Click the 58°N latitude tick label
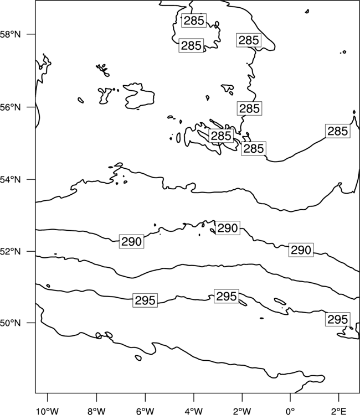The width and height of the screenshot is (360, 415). tap(11, 34)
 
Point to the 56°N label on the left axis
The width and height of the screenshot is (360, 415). tap(11, 107)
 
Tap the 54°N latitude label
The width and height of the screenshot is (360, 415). tap(11, 179)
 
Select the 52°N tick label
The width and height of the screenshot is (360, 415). tap(11, 251)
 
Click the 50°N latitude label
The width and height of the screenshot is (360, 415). tap(11, 323)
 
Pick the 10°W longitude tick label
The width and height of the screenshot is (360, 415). tap(48, 411)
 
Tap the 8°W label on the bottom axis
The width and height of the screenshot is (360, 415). tap(96, 411)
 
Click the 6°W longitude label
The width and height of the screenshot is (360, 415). tap(145, 411)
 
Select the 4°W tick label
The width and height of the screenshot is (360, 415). tap(194, 411)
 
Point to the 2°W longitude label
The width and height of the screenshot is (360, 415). tap(242, 411)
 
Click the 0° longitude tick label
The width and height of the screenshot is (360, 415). tap(290, 411)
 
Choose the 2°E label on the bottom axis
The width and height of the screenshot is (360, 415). tap(338, 411)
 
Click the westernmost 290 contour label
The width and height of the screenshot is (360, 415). tap(131, 241)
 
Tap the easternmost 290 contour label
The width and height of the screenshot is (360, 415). tap(301, 250)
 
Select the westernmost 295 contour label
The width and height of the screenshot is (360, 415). tap(145, 300)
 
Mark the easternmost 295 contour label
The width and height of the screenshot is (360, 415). tap(337, 319)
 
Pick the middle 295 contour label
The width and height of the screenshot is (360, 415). tap(226, 296)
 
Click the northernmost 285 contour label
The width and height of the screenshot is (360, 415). tap(194, 20)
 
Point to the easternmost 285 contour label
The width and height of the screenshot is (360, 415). tap(337, 131)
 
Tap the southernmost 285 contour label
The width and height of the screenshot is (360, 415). tap(254, 148)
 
